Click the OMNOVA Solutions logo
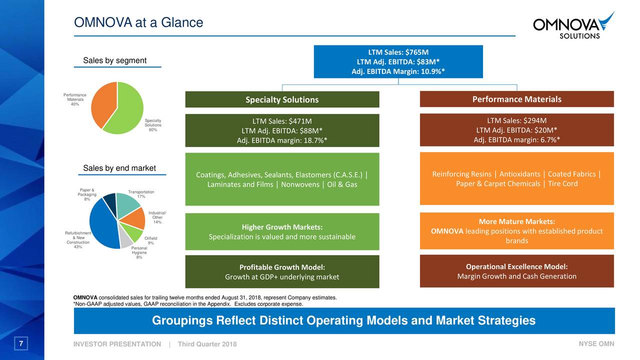tap(573, 26)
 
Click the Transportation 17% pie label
tap(141, 194)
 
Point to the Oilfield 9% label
tap(150, 240)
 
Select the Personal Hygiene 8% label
tap(139, 252)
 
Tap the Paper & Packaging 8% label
tap(87, 194)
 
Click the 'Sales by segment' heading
tap(114, 60)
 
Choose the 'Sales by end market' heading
tap(119, 168)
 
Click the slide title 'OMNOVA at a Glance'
tap(138, 22)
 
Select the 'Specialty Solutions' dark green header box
tap(282, 99)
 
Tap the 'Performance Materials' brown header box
tap(516, 99)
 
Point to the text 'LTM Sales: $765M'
tap(398, 52)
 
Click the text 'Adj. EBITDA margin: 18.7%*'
tap(282, 140)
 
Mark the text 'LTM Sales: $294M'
tap(516, 120)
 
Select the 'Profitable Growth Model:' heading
tap(282, 267)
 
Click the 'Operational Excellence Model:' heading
tap(516, 266)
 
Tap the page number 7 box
tap(21, 344)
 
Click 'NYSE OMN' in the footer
tap(596, 344)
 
